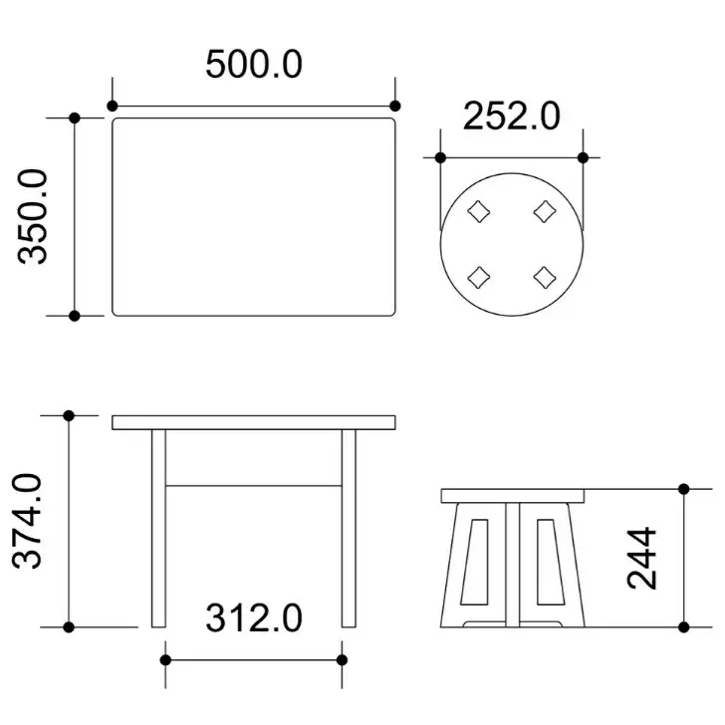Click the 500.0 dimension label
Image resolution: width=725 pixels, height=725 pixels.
click(254, 64)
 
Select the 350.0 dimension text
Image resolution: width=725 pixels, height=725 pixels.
click(33, 217)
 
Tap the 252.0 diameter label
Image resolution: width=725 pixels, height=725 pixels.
click(512, 116)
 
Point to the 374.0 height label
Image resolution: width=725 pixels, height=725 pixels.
click(27, 521)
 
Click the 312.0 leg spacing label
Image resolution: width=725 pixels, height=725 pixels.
click(254, 618)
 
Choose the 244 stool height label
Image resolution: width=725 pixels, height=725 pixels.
click(641, 558)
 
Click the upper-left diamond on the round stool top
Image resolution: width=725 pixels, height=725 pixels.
click(479, 211)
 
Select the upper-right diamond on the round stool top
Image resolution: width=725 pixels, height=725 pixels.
click(545, 211)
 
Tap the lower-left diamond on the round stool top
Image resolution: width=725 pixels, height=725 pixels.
click(479, 278)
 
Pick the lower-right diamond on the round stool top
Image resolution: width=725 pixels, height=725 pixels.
click(545, 278)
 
